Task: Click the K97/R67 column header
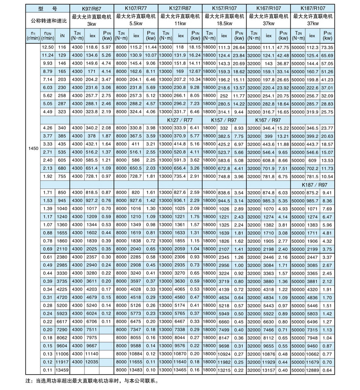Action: point(91,8)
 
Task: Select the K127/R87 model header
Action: point(180,8)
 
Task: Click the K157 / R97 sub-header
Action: point(224,120)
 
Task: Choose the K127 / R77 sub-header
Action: point(180,120)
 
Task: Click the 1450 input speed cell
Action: point(33,149)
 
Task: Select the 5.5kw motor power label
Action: point(136,23)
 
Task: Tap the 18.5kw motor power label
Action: point(224,23)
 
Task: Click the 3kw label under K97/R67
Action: point(91,23)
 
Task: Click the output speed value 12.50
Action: point(48,48)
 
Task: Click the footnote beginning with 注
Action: point(89,381)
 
